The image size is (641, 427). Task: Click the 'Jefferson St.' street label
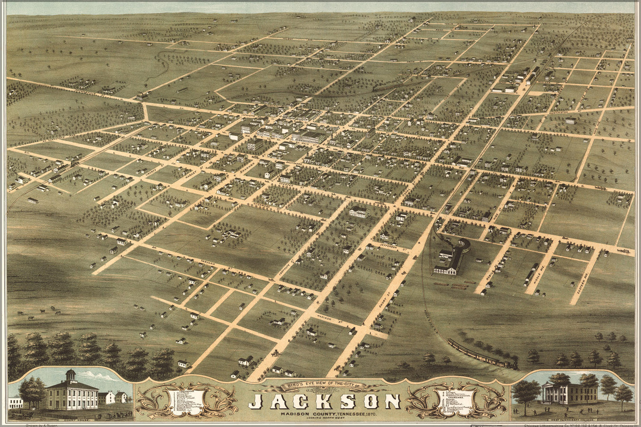click(397, 247)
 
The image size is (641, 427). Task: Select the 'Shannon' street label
click(247, 170)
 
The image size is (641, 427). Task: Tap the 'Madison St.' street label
click(327, 318)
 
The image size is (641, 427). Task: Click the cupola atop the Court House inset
click(71, 376)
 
